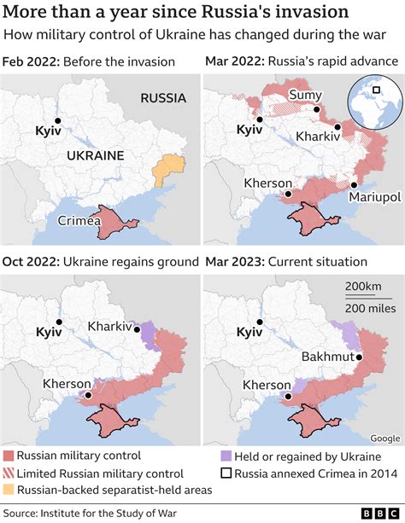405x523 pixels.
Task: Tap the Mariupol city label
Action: pos(374,197)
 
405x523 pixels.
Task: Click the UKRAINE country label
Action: pos(95,155)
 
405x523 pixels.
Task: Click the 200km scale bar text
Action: pos(364,285)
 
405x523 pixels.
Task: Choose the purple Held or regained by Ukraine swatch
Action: pos(226,456)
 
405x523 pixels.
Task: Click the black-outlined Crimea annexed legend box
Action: pos(226,474)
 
